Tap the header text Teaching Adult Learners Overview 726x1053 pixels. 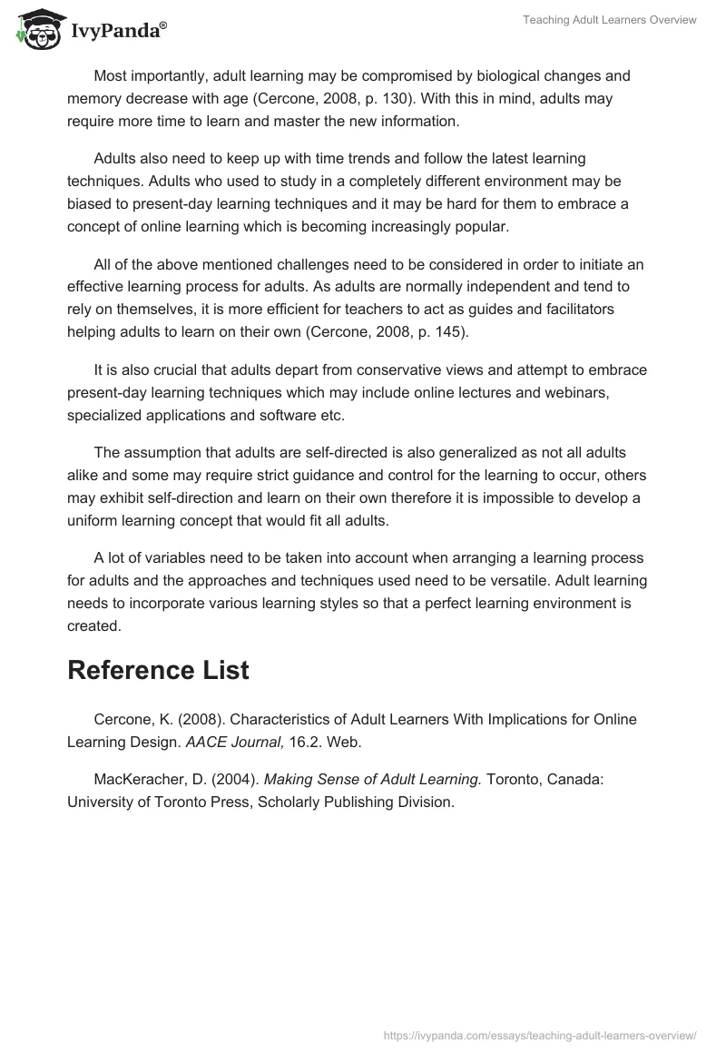610,20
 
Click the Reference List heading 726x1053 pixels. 158,670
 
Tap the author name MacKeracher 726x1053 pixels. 136,780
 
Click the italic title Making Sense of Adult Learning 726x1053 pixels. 373,780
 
